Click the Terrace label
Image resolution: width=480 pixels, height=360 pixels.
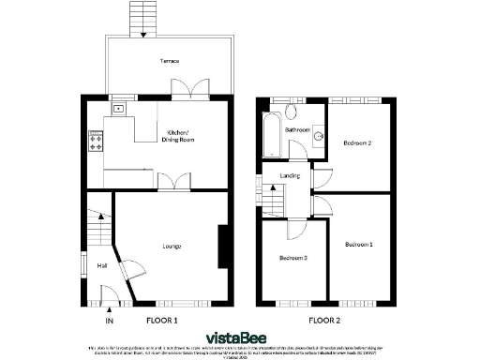pos(170,59)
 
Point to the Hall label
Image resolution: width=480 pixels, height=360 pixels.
pos(102,265)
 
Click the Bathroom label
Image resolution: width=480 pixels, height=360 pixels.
pos(298,129)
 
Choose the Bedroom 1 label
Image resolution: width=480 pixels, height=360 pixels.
pos(357,245)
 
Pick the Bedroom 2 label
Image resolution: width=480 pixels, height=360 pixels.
pos(357,142)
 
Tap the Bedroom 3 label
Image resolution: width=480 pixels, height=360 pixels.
pos(292,257)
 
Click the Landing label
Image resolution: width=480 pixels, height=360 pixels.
pos(303,174)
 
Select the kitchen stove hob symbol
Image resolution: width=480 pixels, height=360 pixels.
pos(96,142)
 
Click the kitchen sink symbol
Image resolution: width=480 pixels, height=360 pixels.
pos(118,109)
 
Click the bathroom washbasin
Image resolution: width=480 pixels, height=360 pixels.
pos(319,137)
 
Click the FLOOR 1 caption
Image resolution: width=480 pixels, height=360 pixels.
pos(163,321)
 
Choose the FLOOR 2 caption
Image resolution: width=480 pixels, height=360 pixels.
pos(324,321)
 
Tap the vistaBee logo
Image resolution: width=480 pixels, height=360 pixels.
pos(240,335)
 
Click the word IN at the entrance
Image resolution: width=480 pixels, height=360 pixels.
pos(109,321)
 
